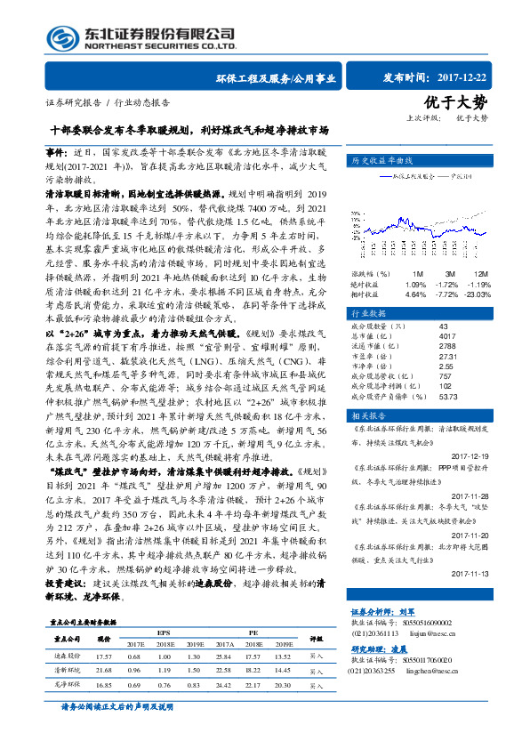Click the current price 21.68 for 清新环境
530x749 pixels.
(103, 669)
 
